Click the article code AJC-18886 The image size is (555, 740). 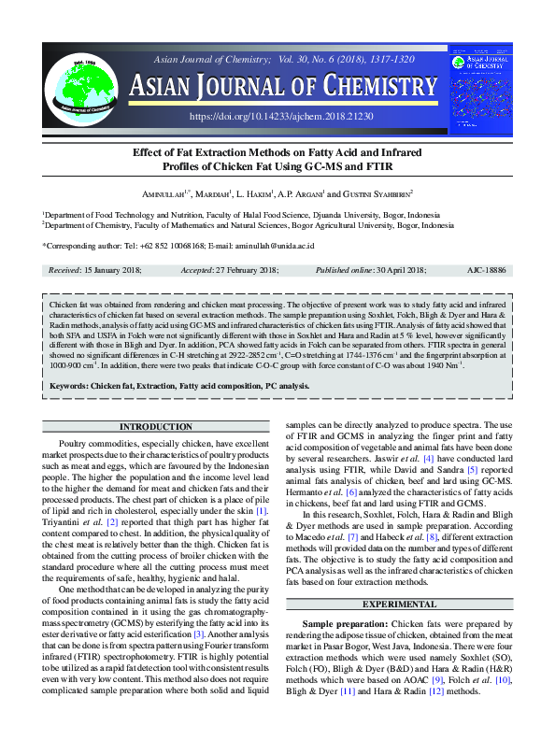coord(486,269)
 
